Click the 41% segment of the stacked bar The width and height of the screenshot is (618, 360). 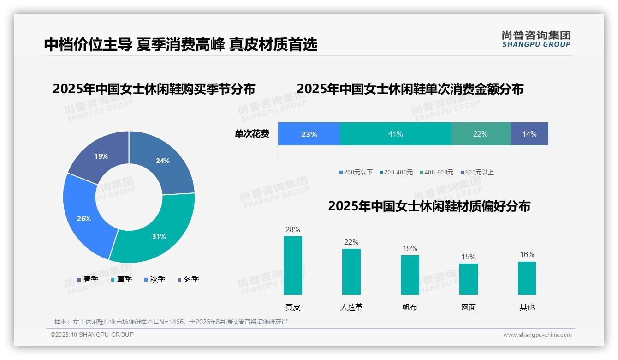click(395, 134)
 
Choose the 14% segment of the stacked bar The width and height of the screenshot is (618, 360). click(529, 134)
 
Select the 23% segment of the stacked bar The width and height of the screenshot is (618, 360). click(309, 134)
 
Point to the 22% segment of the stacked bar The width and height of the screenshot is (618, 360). click(480, 134)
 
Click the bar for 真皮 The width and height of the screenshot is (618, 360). click(292, 265)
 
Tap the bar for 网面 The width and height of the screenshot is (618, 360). click(468, 279)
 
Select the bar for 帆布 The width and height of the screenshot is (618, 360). click(410, 275)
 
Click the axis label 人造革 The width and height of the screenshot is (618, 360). click(351, 307)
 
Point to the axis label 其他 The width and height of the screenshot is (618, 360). click(527, 307)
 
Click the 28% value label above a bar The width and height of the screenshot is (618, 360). click(292, 229)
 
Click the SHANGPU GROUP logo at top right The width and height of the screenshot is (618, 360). click(536, 39)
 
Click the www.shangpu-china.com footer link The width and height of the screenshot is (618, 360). click(537, 335)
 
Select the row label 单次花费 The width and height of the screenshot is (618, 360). click(252, 134)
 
